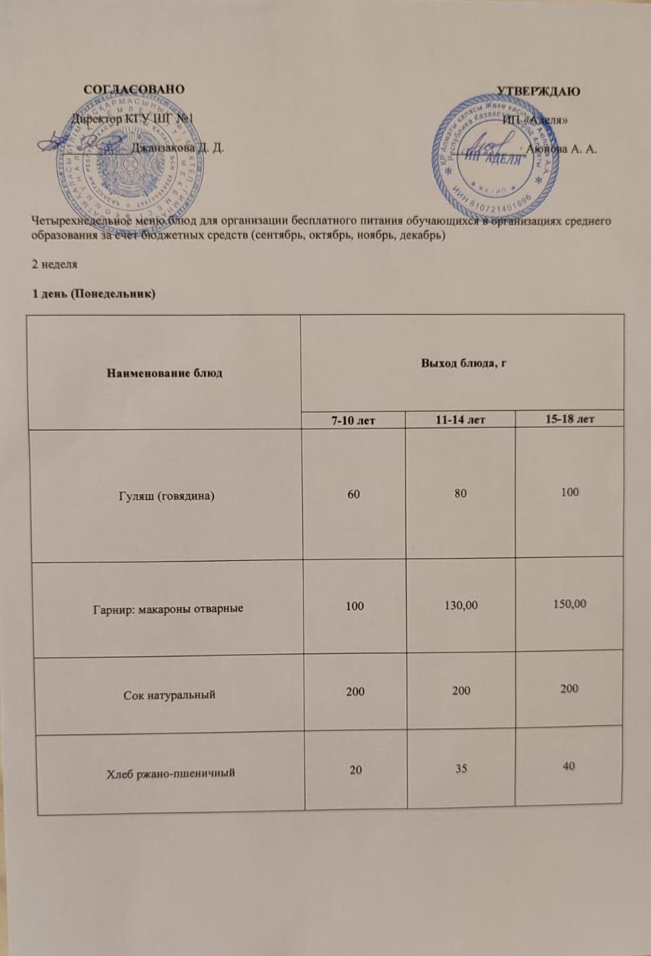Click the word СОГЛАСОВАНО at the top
[134, 90]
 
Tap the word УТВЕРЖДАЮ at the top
[538, 91]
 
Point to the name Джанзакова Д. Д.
[178, 148]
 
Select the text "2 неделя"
[54, 264]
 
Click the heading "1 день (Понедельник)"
[93, 293]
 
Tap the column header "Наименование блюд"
[165, 373]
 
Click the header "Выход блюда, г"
[463, 363]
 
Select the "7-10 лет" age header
[353, 420]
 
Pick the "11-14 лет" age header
[461, 419]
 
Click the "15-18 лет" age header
[570, 418]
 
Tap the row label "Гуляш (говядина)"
[166, 496]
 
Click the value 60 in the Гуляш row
[354, 494]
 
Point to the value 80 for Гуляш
[461, 494]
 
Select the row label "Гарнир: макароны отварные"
[168, 608]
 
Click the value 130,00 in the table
[461, 605]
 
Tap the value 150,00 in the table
[569, 604]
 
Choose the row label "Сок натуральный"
[169, 695]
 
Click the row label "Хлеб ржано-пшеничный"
[171, 773]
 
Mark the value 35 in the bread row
[461, 769]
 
